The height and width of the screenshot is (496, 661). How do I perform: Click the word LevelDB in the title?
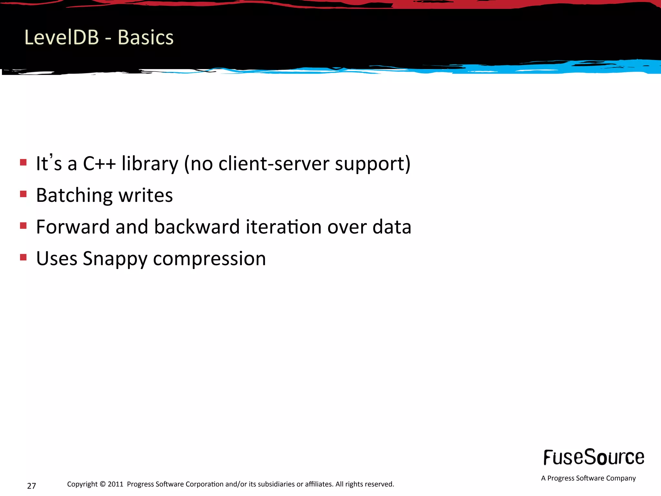pos(61,37)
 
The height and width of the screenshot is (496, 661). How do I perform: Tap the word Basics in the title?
pos(146,37)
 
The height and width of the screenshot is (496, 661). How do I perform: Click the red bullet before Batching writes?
pos(23,194)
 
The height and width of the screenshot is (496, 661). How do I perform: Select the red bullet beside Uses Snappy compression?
pos(23,257)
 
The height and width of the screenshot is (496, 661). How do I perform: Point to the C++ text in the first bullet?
pos(99,163)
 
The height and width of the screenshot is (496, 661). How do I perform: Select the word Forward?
pos(73,227)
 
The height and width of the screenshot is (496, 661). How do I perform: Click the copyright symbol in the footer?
pos(103,484)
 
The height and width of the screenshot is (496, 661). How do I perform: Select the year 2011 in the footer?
pos(116,484)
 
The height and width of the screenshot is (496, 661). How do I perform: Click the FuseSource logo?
pos(594,457)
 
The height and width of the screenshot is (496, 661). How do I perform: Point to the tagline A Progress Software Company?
pos(588,478)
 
